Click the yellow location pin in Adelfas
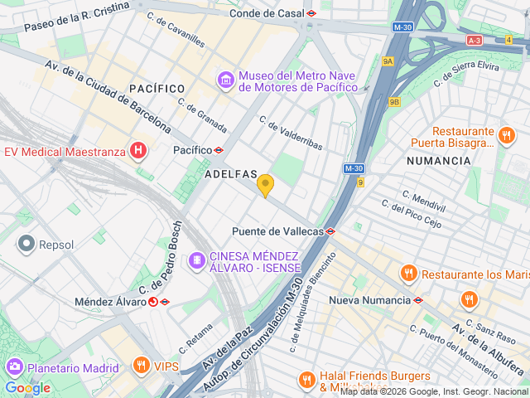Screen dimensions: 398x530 point(265,185)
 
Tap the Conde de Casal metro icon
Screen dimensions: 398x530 point(311,13)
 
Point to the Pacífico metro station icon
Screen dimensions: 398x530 point(219,150)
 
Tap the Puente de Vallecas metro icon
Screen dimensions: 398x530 point(330,231)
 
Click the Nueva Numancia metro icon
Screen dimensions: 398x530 point(418,300)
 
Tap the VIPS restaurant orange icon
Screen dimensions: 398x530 point(142,366)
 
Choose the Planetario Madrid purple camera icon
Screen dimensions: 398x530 point(14,367)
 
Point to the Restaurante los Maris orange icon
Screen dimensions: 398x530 point(408,274)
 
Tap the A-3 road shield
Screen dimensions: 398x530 point(474,40)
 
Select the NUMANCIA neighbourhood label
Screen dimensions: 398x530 point(439,160)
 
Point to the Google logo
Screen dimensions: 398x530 point(27,388)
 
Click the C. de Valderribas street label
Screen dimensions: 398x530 point(291,133)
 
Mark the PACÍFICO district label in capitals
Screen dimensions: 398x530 point(157,88)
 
